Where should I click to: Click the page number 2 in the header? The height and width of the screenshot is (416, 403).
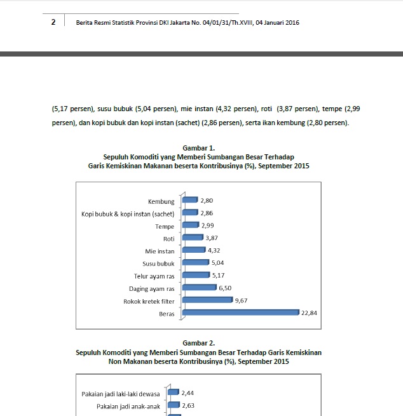(53, 22)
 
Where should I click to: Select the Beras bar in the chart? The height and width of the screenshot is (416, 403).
(240, 312)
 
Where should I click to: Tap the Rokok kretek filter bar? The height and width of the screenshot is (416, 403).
(207, 300)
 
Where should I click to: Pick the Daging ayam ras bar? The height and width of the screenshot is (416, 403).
(198, 287)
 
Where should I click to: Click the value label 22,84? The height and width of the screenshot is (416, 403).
(309, 312)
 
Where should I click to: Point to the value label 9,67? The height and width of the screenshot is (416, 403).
(241, 300)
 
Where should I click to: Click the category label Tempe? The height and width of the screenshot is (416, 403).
(165, 226)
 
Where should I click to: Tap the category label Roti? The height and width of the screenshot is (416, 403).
(168, 239)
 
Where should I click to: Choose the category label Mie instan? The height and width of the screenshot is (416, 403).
(160, 251)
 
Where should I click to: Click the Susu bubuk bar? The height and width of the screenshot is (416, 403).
(195, 262)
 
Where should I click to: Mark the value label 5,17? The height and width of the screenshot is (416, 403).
(219, 276)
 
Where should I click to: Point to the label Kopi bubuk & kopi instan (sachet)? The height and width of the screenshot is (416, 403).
(128, 214)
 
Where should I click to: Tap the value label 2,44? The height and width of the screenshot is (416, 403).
(188, 393)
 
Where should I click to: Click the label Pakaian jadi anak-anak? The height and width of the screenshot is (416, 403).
(128, 406)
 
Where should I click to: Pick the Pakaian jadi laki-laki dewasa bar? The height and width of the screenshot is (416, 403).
(173, 393)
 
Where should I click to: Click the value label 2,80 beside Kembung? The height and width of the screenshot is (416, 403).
(206, 201)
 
